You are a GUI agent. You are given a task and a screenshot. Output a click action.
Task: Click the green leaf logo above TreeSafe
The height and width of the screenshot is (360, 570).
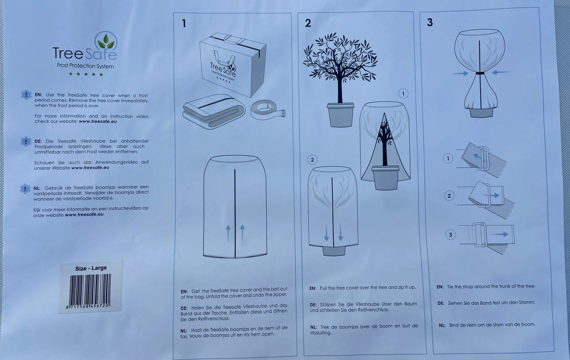click(106, 41)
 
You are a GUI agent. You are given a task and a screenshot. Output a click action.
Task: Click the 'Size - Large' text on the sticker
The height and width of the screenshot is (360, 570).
click(91, 268)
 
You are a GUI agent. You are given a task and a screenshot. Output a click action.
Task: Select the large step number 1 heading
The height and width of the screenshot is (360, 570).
click(184, 23)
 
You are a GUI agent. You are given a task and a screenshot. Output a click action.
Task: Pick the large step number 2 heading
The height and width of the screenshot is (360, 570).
click(308, 23)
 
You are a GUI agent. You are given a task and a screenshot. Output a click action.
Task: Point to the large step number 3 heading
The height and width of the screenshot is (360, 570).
click(430, 22)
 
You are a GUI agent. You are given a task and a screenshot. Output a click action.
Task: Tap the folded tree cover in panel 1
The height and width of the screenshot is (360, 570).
click(214, 111)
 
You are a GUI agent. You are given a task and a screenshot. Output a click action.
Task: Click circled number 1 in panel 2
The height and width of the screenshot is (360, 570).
click(403, 93)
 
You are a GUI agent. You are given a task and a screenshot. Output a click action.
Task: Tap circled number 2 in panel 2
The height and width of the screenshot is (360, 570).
click(312, 160)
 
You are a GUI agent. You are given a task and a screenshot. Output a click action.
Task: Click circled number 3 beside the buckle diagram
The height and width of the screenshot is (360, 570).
click(450, 234)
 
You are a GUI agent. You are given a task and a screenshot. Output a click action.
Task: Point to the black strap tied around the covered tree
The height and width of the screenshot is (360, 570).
click(480, 73)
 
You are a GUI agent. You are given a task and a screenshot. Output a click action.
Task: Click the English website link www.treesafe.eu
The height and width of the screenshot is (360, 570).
click(98, 121)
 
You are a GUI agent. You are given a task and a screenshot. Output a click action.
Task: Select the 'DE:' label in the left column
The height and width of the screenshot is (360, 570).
click(38, 141)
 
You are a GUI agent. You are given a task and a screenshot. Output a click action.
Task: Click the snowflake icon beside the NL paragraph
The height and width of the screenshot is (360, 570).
click(25, 189)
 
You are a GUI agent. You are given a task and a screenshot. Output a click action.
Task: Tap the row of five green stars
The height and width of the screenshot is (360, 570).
click(86, 74)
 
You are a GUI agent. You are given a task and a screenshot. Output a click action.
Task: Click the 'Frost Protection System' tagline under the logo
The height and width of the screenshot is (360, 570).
click(85, 66)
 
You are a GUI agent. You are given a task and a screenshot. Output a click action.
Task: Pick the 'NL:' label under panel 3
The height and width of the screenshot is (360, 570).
click(442, 325)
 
